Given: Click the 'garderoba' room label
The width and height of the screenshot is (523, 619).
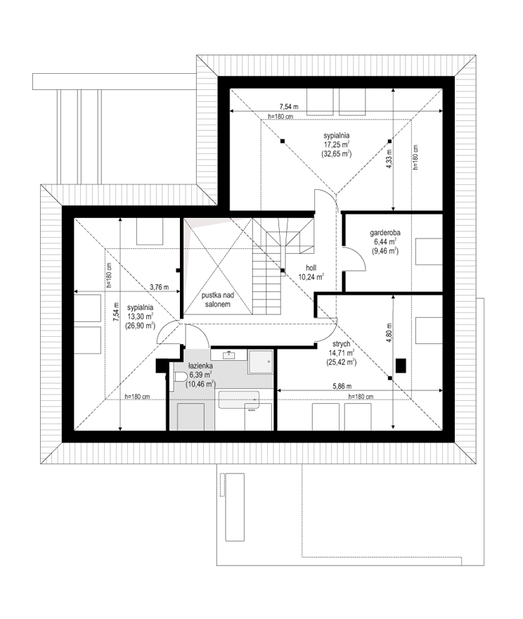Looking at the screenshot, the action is point(385,233).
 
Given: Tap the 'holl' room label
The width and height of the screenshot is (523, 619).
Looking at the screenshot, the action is point(311,268).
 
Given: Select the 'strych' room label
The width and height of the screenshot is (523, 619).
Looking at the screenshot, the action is point(341,344).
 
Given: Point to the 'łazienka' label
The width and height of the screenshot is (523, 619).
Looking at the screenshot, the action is point(200,366).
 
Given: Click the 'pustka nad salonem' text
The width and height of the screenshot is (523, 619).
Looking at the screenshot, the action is point(218,300).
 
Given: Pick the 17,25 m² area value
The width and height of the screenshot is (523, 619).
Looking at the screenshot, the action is point(336,145).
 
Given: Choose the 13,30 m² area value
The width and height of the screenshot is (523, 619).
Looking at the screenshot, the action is point(140,317).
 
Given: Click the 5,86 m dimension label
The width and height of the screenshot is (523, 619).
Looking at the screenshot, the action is point(342,386).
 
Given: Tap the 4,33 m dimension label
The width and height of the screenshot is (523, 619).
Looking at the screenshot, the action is point(389,160).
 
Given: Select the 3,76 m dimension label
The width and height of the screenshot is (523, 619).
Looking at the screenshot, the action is point(160,288).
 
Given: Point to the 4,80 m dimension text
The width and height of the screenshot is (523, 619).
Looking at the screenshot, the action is point(389,333).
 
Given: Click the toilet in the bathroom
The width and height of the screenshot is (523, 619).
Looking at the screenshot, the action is point(180,378).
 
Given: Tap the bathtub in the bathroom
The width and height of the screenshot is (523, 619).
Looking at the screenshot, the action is point(238,400).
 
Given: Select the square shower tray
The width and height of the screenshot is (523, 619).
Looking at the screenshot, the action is point(260,362).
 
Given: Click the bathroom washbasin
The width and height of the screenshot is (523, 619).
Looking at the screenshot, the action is point(228,355).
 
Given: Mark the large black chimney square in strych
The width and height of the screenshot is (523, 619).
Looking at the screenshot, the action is point(401,365).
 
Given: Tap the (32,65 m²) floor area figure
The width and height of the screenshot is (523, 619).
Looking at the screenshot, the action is point(336,153).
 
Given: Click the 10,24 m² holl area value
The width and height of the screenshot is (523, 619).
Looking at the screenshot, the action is point(311,276).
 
